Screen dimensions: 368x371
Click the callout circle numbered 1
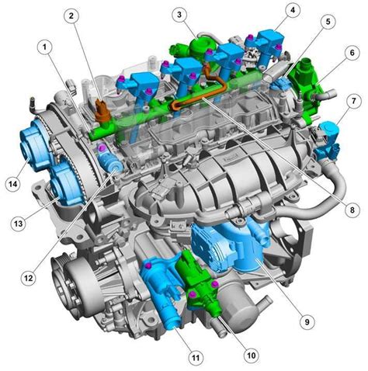[x=44, y=47]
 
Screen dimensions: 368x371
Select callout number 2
[x=71, y=16]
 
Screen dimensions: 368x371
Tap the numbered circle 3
[x=179, y=15]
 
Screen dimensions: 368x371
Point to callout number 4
[x=293, y=10]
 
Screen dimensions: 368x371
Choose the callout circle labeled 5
[x=328, y=22]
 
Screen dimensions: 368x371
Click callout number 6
[x=352, y=53]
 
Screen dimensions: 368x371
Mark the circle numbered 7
[x=354, y=101]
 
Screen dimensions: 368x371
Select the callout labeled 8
[x=352, y=210]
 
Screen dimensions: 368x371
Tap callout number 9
[x=307, y=321]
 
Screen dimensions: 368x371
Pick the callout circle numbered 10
[x=252, y=355]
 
